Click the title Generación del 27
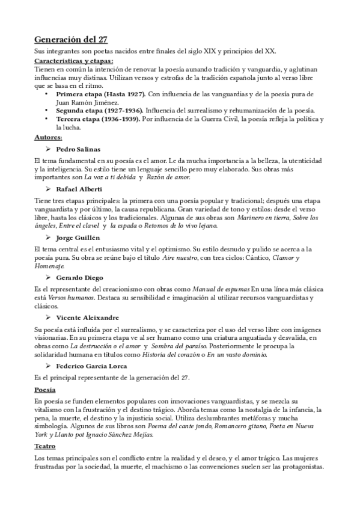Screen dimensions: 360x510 [70, 40]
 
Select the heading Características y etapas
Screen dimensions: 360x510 [73, 61]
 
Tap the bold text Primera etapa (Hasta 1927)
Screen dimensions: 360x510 [100, 94]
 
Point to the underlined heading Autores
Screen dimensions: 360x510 [48, 137]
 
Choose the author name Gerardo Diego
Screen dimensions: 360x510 [79, 277]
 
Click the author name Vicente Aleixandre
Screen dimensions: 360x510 [88, 318]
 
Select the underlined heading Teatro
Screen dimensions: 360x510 [45, 447]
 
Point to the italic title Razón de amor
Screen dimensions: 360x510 [169, 177]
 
